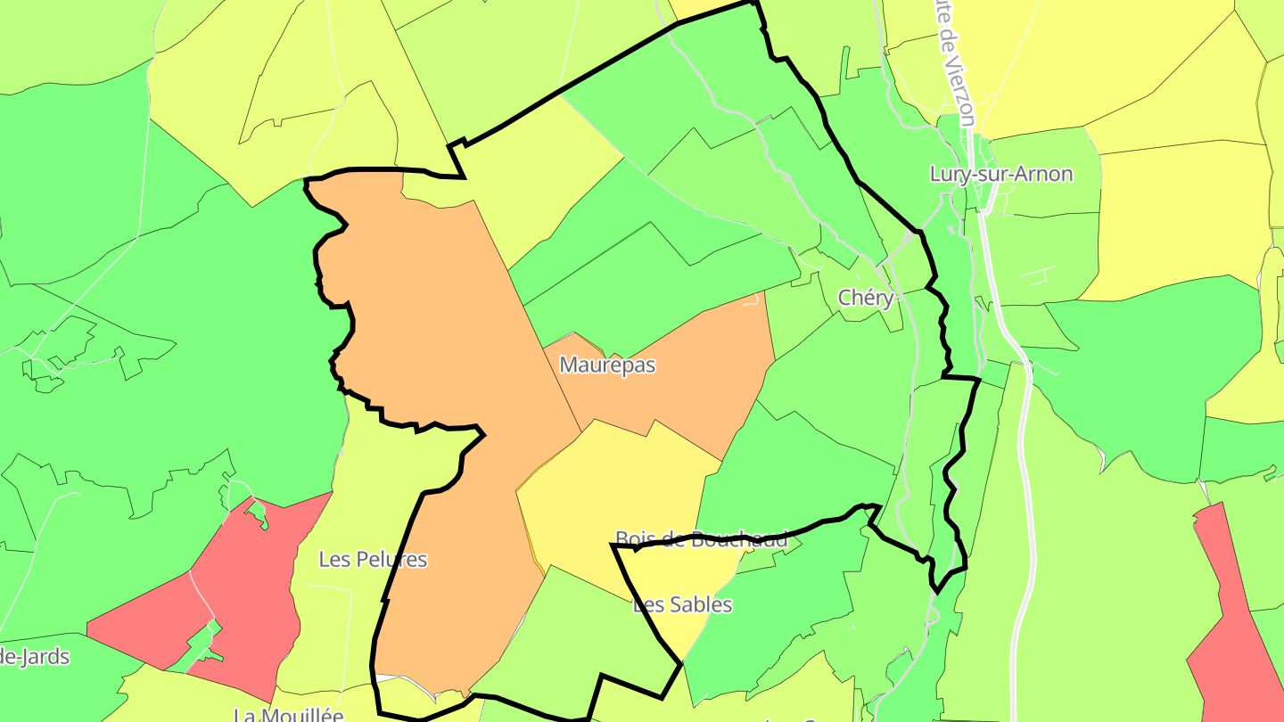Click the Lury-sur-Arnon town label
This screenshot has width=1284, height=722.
1000,174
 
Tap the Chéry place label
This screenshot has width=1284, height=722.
865,298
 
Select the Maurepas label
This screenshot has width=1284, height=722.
607,365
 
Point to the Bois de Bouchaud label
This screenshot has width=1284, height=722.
702,538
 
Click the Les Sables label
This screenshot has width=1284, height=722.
682,605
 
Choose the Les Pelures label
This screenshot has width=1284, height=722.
373,560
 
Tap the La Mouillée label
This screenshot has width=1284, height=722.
288,714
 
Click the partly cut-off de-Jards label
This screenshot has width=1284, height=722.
34,658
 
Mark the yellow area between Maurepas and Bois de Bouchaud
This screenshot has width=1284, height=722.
615,481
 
